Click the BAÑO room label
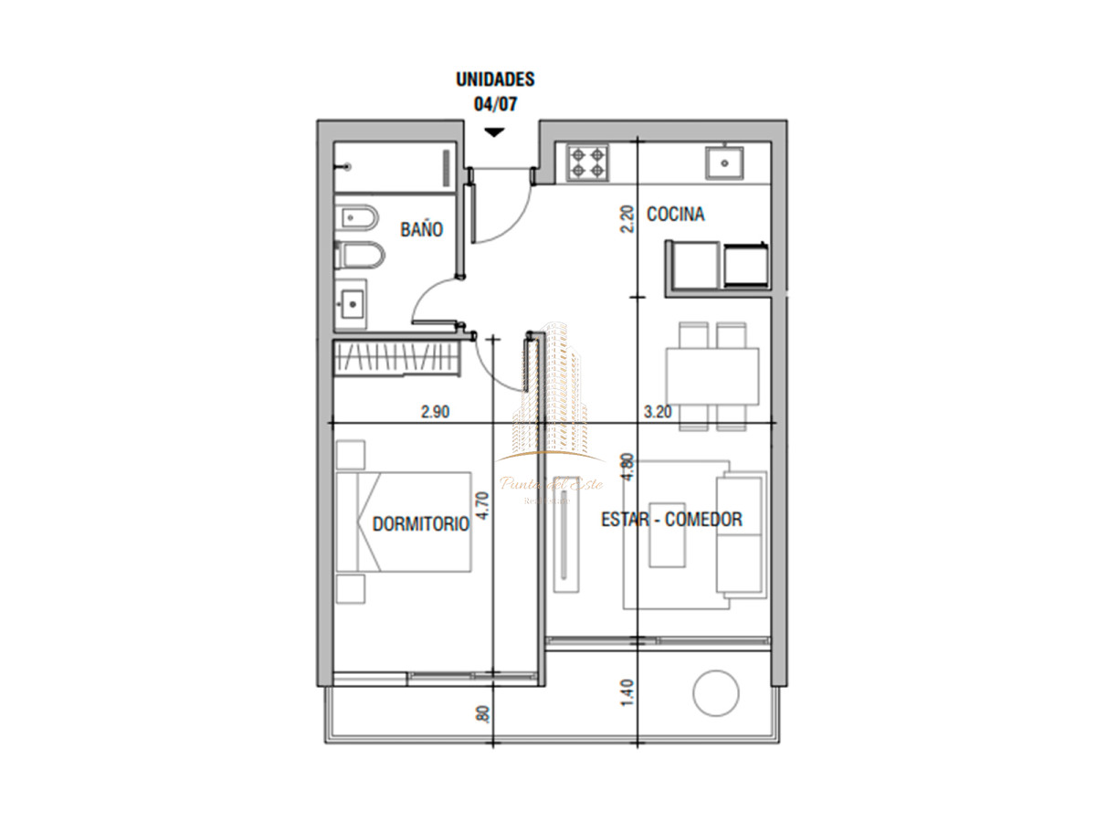coord(421,229)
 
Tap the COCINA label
coord(675,215)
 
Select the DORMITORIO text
coord(420,524)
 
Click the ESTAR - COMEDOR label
coord(671,520)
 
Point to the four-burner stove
coord(587,163)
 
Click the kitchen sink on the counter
coord(725,163)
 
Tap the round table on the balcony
coord(716,693)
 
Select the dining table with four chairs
coord(712,376)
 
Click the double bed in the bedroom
coord(404,522)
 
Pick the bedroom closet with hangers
coord(395,357)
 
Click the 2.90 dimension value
coord(435,412)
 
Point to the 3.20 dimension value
coord(658,412)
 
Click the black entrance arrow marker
coord(494,132)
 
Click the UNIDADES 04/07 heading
coord(495,91)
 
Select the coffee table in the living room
coord(667,533)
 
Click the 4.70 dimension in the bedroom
coord(483,505)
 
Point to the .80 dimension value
coord(483,714)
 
